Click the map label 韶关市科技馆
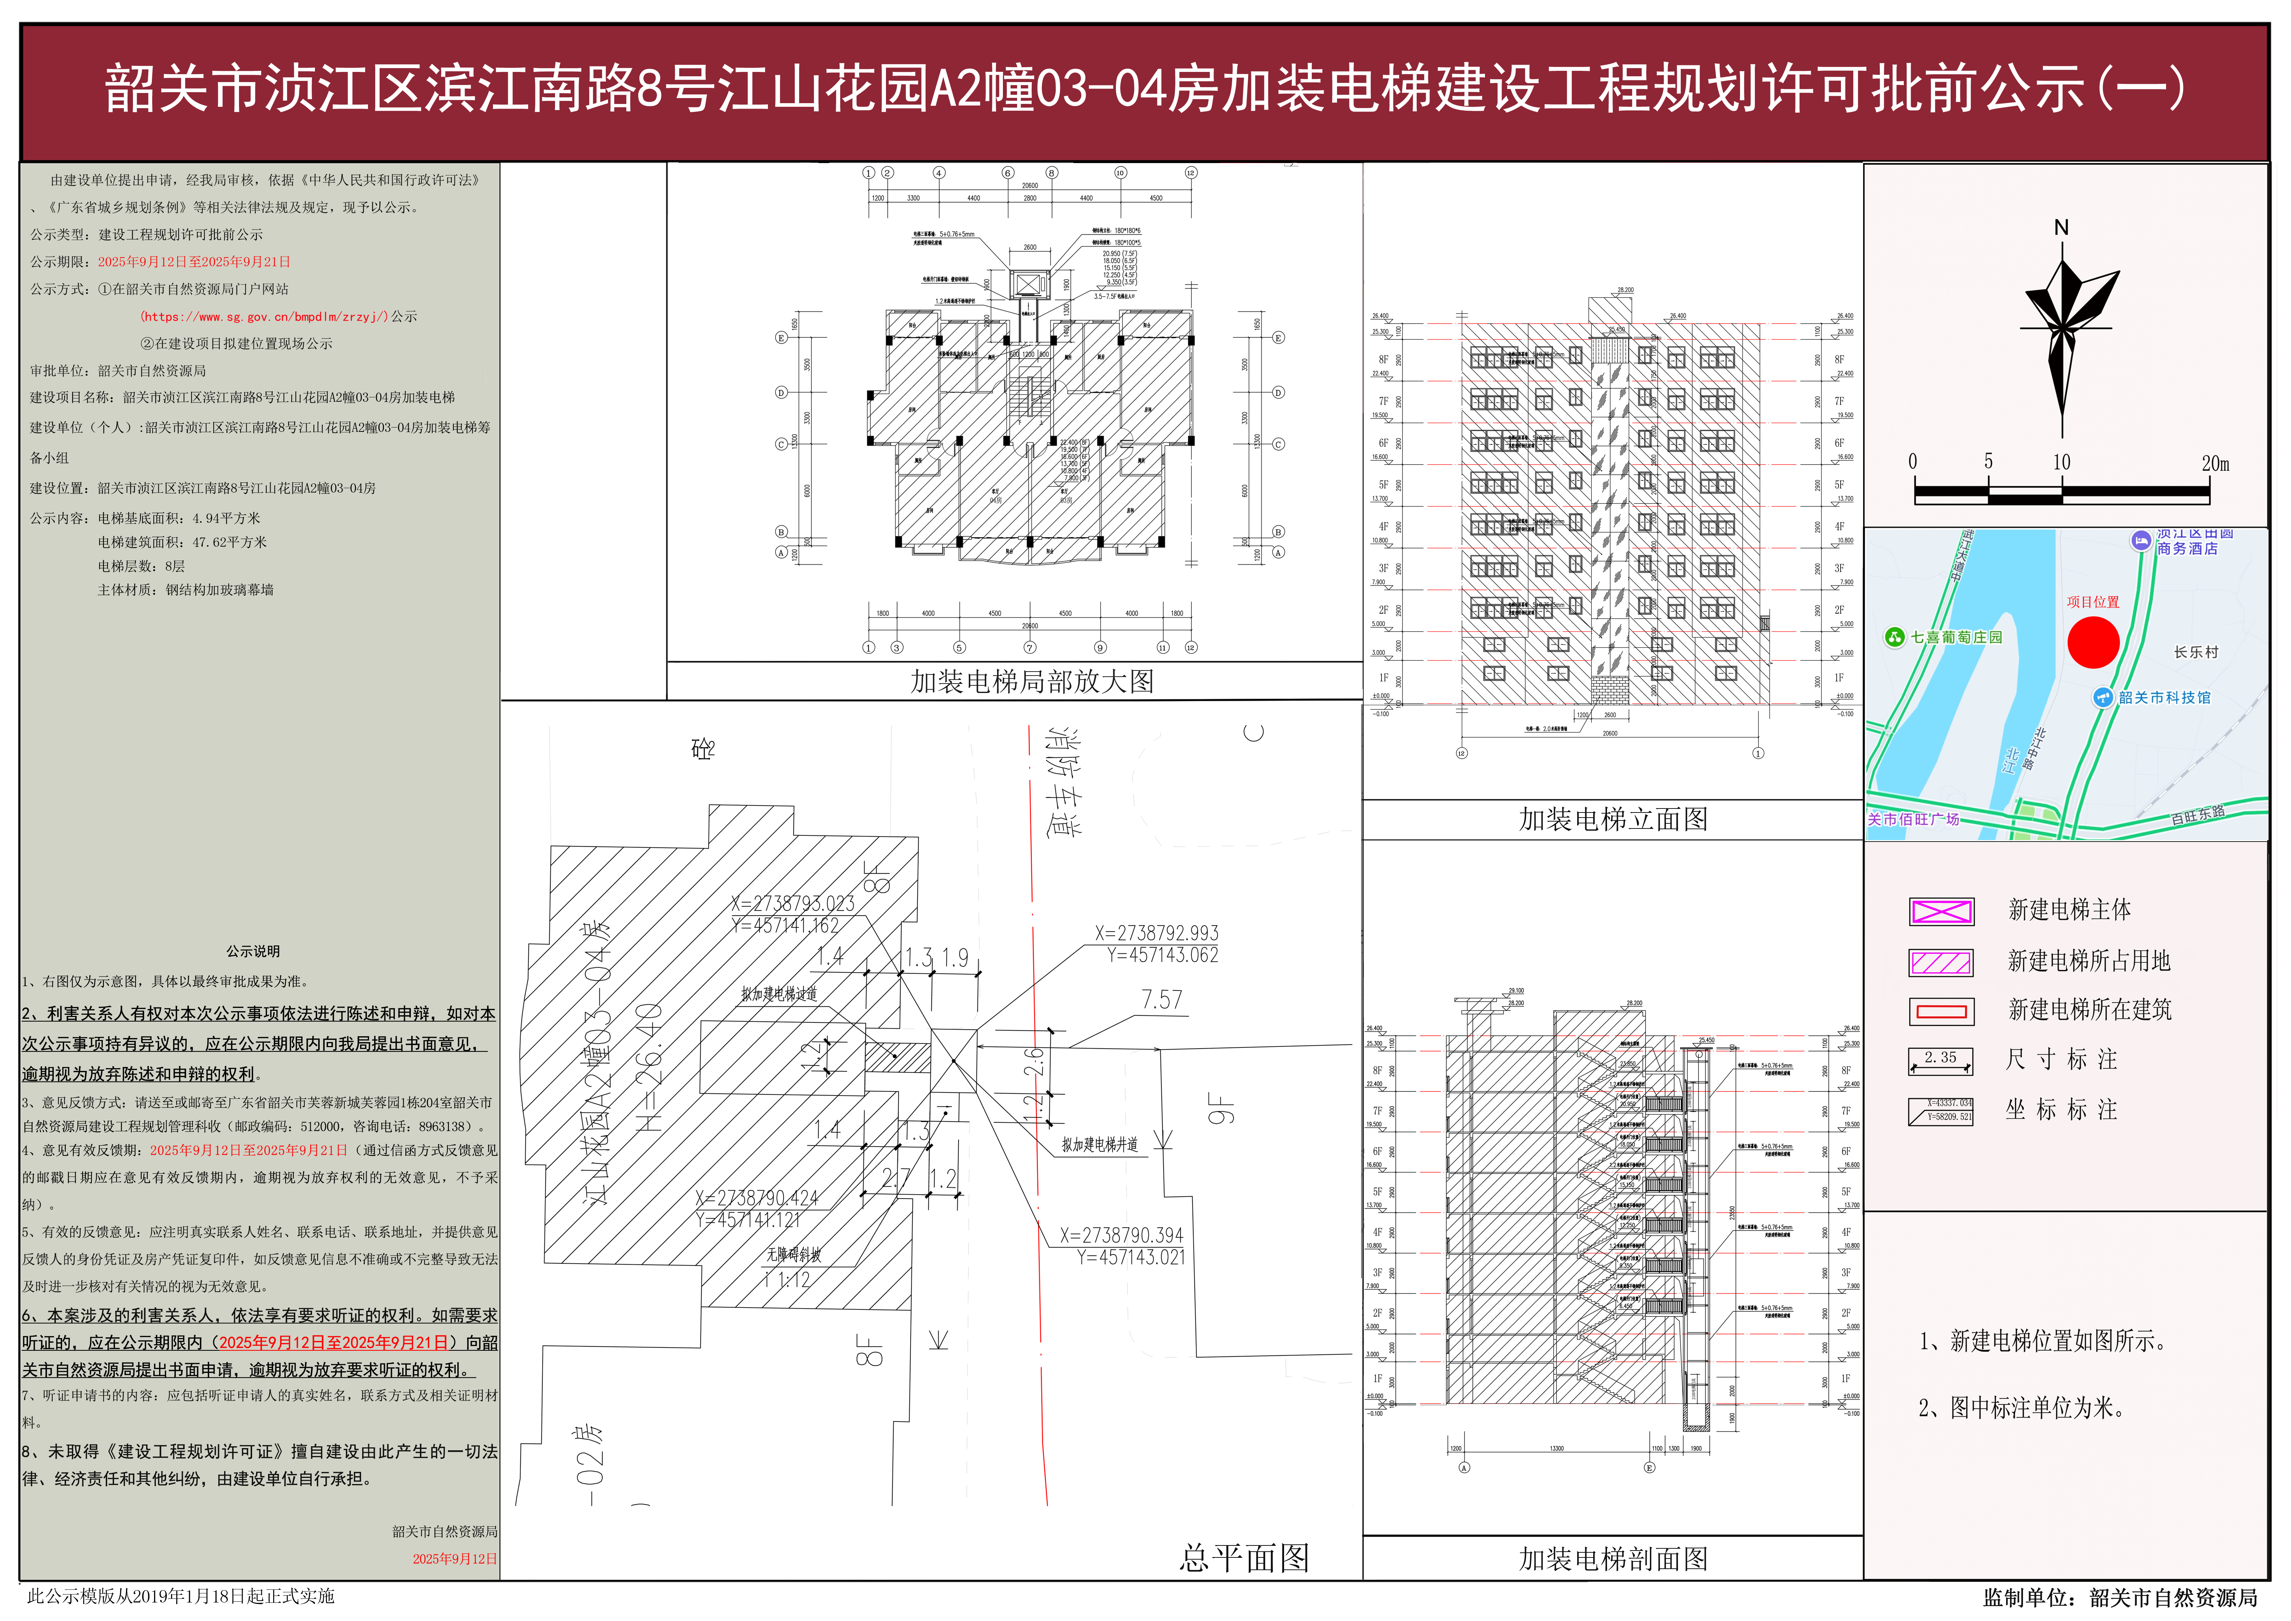(x=2164, y=698)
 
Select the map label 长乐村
(x=2196, y=652)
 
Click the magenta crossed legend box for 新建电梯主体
(x=1940, y=910)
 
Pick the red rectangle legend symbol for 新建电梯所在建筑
(x=1940, y=1011)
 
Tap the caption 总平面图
(x=1244, y=1557)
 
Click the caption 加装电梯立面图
(x=1613, y=819)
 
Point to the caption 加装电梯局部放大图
(x=1032, y=682)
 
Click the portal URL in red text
(x=264, y=316)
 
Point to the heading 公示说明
(x=252, y=951)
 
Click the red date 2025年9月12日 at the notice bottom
(x=454, y=1558)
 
